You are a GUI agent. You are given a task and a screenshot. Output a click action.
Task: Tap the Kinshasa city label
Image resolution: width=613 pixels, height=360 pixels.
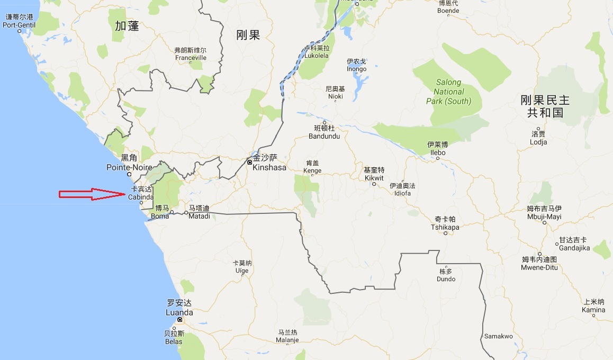click(x=269, y=167)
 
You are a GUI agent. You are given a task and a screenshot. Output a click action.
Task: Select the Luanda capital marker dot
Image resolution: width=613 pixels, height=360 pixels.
click(x=180, y=320)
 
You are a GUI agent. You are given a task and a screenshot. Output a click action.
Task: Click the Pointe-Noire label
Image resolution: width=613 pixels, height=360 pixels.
click(x=129, y=167)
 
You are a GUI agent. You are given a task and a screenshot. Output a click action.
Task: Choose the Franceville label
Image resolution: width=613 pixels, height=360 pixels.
click(x=190, y=58)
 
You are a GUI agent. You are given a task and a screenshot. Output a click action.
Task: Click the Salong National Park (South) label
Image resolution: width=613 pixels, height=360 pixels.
click(x=448, y=92)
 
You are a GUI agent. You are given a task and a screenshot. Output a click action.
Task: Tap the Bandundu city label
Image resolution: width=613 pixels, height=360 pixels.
click(x=324, y=136)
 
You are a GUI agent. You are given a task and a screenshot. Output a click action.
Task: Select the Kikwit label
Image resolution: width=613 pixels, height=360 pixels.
click(x=374, y=178)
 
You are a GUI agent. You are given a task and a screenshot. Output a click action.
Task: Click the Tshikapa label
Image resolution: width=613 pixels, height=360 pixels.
click(x=445, y=227)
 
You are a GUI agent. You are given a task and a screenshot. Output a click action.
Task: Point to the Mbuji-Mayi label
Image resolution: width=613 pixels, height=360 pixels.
click(x=544, y=217)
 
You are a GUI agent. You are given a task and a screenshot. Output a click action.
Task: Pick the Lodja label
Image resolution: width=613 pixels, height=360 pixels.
click(x=538, y=142)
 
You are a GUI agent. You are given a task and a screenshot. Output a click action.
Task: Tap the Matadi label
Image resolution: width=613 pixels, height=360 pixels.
click(x=199, y=216)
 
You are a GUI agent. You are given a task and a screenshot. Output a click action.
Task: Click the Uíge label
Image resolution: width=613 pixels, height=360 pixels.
click(x=241, y=271)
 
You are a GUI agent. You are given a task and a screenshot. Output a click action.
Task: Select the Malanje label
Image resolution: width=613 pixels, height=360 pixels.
click(x=287, y=340)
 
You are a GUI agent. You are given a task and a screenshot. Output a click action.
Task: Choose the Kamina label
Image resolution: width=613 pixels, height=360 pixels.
click(x=593, y=310)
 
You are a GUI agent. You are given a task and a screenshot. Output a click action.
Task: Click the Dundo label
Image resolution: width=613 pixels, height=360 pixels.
click(x=446, y=278)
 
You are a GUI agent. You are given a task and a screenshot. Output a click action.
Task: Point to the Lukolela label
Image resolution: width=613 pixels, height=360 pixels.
click(x=317, y=55)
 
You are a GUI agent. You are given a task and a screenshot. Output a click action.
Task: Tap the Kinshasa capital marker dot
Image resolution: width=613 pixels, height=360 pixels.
click(x=249, y=162)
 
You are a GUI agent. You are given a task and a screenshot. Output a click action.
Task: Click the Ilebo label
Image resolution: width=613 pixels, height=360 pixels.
click(x=437, y=152)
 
